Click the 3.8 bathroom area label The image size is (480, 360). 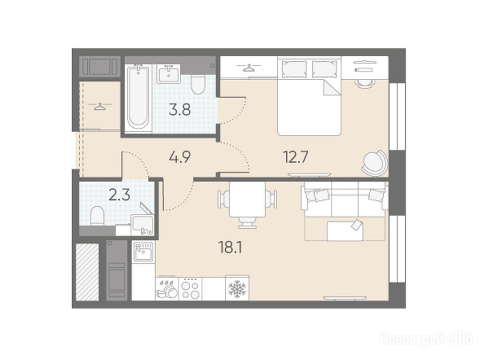click(x=180, y=110)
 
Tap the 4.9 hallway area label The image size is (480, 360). click(x=180, y=157)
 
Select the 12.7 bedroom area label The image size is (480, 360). click(x=295, y=157)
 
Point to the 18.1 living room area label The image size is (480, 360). click(x=230, y=247)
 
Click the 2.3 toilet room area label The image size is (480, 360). click(x=120, y=195)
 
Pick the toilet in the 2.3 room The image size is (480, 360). click(x=97, y=216)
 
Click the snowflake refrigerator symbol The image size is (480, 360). click(x=237, y=288)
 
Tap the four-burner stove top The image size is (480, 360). click(x=190, y=288)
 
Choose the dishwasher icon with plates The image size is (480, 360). click(x=167, y=288)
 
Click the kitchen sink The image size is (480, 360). click(x=143, y=251)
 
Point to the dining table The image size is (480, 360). click(x=247, y=199)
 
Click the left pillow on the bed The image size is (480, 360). click(x=294, y=69)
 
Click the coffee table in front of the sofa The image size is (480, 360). click(x=345, y=230)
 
